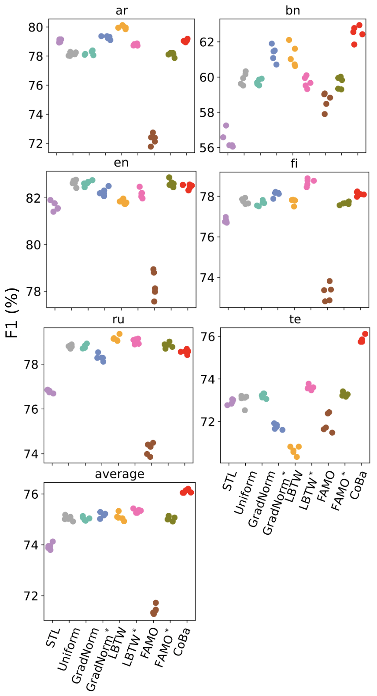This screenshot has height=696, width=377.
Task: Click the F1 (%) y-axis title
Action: tap(12, 312)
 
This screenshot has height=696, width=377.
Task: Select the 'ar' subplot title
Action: tap(122, 11)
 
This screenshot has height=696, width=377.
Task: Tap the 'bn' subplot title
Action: tap(292, 11)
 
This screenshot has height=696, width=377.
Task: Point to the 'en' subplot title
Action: tap(121, 163)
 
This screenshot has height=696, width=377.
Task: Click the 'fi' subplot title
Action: tap(294, 163)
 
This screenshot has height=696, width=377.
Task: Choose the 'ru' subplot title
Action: tap(118, 319)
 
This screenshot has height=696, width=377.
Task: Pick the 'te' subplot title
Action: tap(295, 319)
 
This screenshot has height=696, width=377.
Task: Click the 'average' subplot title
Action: tap(119, 474)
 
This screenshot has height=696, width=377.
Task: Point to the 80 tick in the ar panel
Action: tap(36, 27)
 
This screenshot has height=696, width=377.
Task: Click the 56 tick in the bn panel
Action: tap(207, 148)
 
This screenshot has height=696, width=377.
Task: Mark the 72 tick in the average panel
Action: tap(31, 596)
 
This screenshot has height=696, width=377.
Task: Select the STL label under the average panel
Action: tap(53, 639)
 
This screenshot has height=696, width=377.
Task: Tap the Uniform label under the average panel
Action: tap(69, 650)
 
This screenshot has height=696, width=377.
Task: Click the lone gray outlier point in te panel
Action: tap(245, 410)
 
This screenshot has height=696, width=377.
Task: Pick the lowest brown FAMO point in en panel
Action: tap(154, 301)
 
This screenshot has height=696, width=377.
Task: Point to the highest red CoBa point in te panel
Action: tap(365, 334)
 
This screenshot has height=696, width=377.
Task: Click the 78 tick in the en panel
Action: tap(33, 292)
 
